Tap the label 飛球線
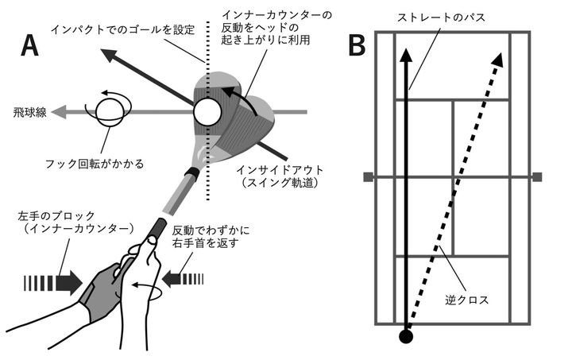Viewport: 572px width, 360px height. (25, 113)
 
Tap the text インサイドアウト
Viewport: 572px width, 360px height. (271, 169)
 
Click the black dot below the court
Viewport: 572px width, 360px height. (406, 337)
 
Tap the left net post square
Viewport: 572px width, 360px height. (368, 176)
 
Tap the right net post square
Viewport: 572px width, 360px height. (537, 176)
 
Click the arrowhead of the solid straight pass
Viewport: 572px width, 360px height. (407, 56)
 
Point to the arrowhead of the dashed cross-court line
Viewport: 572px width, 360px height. (499, 57)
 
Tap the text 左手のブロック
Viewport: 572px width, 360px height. (45, 215)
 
